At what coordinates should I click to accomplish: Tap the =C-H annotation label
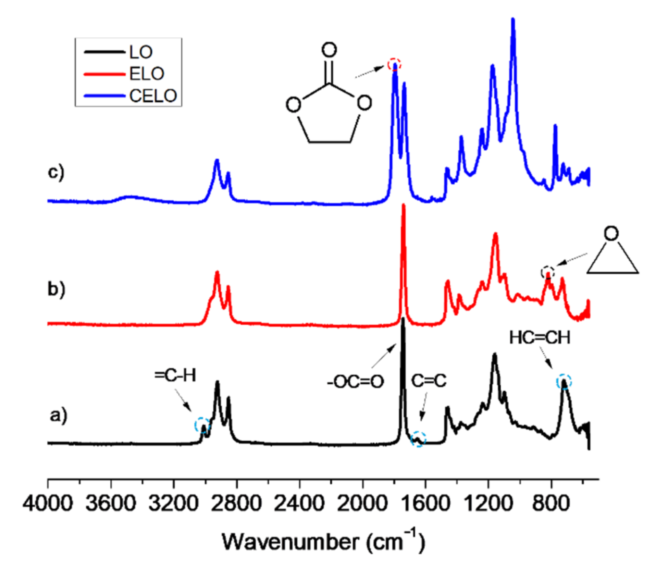175,375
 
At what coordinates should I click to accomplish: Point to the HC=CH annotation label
540,337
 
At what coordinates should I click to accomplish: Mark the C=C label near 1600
429,381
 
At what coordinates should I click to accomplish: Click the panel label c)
56,172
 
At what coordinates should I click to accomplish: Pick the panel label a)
58,415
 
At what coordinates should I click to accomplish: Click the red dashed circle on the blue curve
394,65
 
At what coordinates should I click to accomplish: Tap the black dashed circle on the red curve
548,272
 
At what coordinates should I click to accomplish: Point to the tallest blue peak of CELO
513,21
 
